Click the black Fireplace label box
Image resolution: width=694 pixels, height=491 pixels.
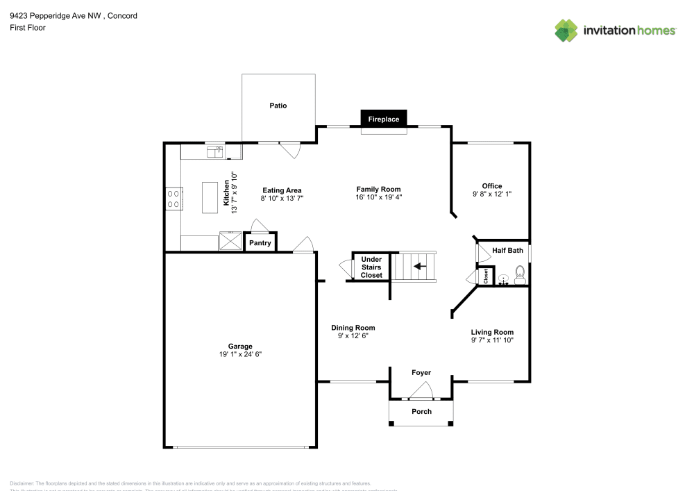pyautogui.click(x=384, y=119)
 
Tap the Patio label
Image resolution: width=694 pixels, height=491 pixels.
pyautogui.click(x=278, y=106)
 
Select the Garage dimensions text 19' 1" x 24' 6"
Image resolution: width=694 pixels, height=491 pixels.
pyautogui.click(x=240, y=354)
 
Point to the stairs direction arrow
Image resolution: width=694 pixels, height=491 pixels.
pyautogui.click(x=420, y=266)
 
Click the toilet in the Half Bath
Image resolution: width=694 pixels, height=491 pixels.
pyautogui.click(x=519, y=278)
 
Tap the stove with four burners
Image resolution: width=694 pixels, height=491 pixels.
pyautogui.click(x=173, y=199)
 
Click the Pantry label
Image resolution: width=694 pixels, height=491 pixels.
pyautogui.click(x=260, y=243)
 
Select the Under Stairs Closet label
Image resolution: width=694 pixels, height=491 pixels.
pyautogui.click(x=371, y=267)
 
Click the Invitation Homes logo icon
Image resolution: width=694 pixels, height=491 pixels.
pyautogui.click(x=566, y=30)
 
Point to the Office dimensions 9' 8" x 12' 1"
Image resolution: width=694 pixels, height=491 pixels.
pyautogui.click(x=492, y=194)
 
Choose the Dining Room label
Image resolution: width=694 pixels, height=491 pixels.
pyautogui.click(x=353, y=328)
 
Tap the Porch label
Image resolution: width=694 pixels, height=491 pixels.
pyautogui.click(x=421, y=411)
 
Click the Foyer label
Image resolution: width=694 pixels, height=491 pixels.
pyautogui.click(x=421, y=373)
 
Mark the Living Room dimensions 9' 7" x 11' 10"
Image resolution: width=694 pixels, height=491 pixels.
pyautogui.click(x=492, y=340)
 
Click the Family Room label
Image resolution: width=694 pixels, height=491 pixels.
pyautogui.click(x=378, y=189)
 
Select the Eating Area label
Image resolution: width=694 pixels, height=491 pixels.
pyautogui.click(x=282, y=190)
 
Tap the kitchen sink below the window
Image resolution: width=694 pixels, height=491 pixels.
pyautogui.click(x=214, y=150)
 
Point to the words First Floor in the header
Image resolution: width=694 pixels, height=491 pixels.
pyautogui.click(x=28, y=28)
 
